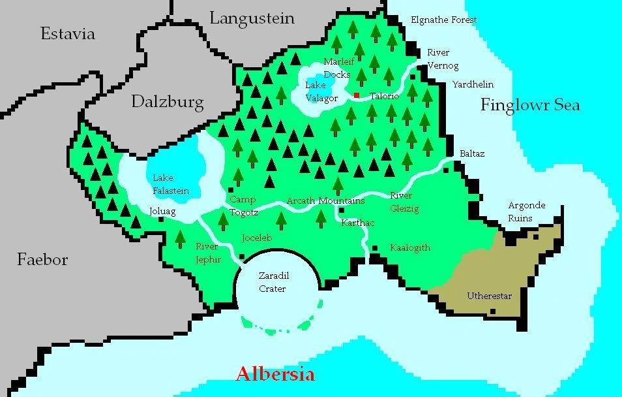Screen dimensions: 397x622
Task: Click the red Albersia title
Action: tap(274, 374)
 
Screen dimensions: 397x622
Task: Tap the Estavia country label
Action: tap(68, 34)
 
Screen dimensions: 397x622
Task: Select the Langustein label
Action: tap(252, 18)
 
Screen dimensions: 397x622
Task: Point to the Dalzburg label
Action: tap(167, 101)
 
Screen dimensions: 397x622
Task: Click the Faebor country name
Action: tap(42, 260)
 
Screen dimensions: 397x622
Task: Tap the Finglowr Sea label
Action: tap(530, 105)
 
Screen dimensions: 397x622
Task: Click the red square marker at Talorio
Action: tap(357, 95)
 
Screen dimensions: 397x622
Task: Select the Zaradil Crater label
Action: tap(272, 282)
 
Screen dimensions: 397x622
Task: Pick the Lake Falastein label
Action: tap(170, 184)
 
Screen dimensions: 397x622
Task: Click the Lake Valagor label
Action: tap(321, 92)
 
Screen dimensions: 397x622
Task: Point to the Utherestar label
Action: tap(489, 296)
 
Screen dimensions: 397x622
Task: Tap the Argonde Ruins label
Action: tap(526, 212)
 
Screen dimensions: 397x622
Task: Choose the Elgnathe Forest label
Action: tap(443, 20)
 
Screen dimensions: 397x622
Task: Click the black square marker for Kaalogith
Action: tap(375, 248)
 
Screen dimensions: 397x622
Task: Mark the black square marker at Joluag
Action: tap(161, 219)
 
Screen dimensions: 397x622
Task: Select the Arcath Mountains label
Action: tap(325, 200)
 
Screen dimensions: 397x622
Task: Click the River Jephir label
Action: tap(209, 253)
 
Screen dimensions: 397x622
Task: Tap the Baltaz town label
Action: tap(472, 154)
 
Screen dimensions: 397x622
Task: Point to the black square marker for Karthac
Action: tap(341, 210)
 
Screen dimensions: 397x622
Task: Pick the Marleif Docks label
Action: tap(338, 68)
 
